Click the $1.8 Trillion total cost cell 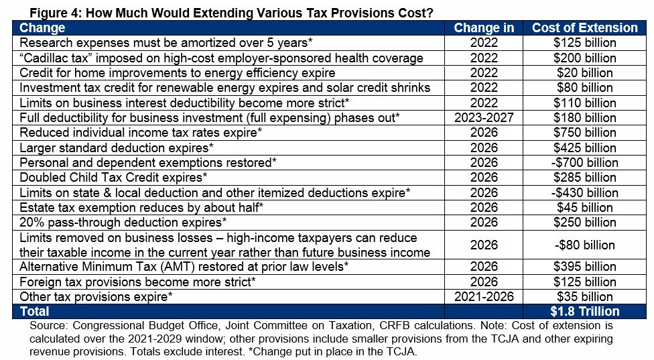[584, 311]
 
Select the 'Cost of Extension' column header [584, 27]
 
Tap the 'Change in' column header [484, 27]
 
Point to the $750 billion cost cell [584, 132]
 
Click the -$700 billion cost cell [584, 162]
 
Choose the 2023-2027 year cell [484, 117]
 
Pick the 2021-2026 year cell [484, 296]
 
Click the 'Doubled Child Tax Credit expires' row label [113, 177]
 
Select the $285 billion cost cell [584, 177]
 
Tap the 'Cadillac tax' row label [221, 58]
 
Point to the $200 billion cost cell [584, 58]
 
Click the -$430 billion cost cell [584, 192]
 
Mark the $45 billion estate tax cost [584, 207]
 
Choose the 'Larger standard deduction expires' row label [117, 147]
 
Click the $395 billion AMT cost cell [584, 267]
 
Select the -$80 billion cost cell [584, 245]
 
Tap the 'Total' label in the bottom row [34, 311]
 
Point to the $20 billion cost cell [584, 72]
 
